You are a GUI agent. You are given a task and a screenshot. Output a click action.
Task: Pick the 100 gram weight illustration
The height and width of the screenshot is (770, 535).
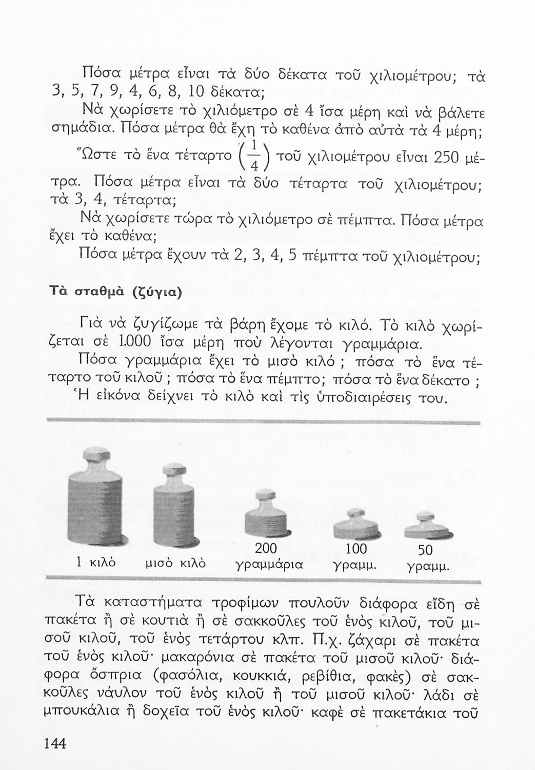click(x=356, y=525)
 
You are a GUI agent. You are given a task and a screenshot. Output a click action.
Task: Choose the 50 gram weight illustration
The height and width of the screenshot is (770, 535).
click(x=428, y=527)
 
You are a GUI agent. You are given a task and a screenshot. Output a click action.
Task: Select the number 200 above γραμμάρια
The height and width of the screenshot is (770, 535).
click(x=266, y=548)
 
